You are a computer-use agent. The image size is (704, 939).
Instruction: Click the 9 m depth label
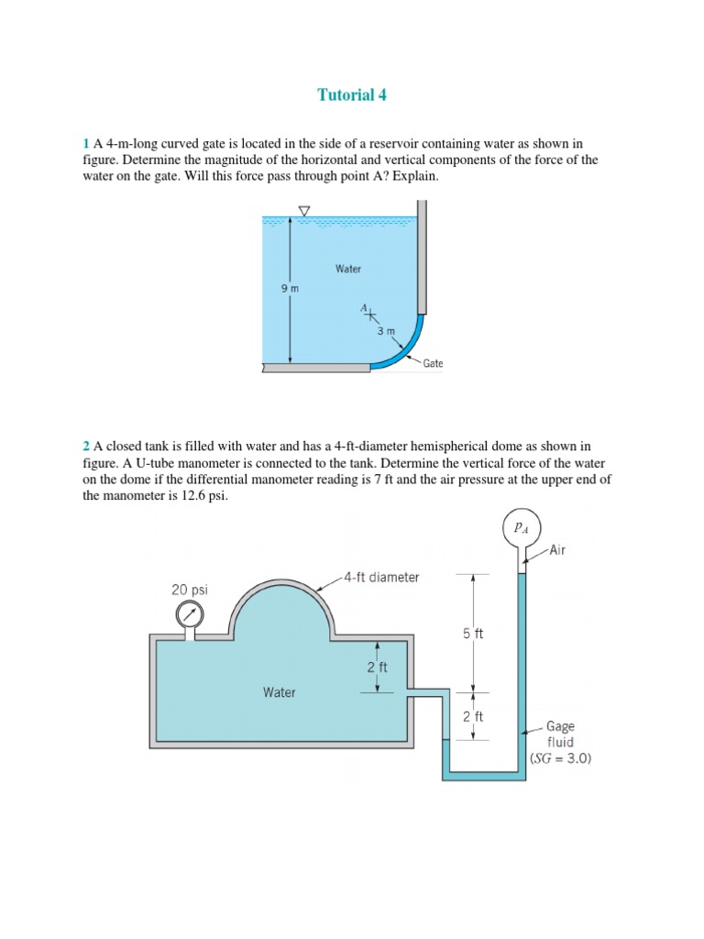point(290,288)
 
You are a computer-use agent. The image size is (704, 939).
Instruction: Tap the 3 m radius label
point(386,330)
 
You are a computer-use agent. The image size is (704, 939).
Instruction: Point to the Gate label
point(433,363)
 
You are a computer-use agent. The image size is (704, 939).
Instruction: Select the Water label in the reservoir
point(348,269)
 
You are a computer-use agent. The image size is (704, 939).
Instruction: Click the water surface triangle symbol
point(303,211)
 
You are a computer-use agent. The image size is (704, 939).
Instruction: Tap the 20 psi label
point(190,590)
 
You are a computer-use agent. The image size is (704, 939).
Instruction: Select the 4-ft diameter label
point(382,577)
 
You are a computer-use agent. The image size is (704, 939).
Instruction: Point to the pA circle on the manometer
point(522,527)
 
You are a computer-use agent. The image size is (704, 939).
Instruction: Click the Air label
point(558,550)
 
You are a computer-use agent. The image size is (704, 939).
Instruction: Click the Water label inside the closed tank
point(280,692)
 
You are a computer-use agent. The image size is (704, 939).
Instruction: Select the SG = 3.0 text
point(561,758)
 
